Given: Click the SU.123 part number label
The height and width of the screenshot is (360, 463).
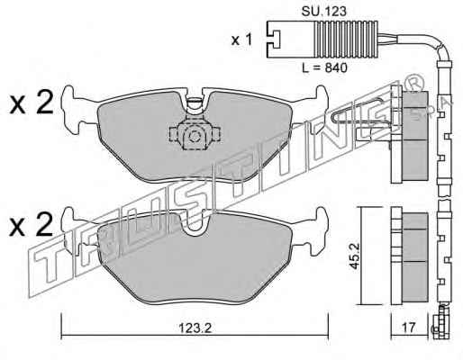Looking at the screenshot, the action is click(323, 12).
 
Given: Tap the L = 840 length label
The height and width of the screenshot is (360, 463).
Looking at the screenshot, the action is click(324, 67).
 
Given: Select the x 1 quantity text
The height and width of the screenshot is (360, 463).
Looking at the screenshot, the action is click(241, 40).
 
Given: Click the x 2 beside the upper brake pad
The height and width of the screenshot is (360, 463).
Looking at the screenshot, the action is click(32, 103).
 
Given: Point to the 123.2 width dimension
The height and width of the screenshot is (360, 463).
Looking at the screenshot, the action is click(195, 328).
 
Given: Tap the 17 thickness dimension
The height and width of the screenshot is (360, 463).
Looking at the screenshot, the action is click(410, 328).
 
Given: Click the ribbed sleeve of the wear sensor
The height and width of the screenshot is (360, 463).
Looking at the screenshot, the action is click(346, 39).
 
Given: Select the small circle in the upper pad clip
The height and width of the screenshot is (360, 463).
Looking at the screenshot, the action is click(195, 137).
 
